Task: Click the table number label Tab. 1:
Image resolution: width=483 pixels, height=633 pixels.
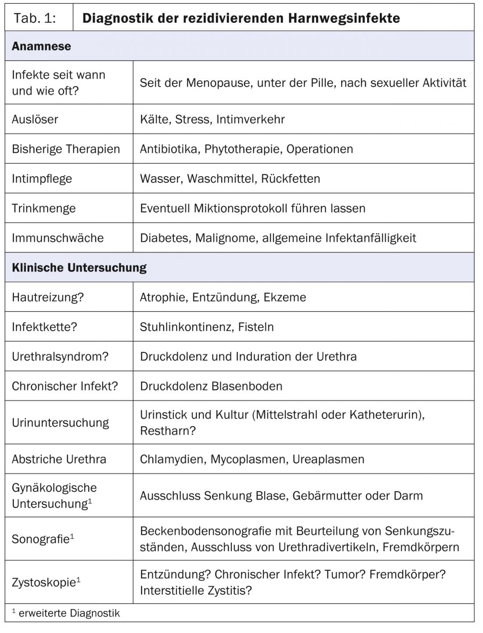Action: (35, 18)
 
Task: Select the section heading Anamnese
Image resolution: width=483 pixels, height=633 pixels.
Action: (41, 46)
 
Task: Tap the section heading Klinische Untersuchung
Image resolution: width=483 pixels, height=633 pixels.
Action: (79, 268)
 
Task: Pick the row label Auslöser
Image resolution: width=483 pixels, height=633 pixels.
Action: (35, 119)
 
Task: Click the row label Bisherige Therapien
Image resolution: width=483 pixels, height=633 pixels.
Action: (66, 149)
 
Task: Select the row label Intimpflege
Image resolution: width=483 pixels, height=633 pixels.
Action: (42, 178)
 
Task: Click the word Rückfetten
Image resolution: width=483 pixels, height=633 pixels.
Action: (290, 178)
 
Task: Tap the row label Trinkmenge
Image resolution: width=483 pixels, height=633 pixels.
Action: (43, 208)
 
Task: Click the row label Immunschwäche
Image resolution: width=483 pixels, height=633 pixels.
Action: (58, 238)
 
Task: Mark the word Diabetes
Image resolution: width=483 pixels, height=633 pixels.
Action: (165, 238)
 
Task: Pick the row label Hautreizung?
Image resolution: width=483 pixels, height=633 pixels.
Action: (47, 297)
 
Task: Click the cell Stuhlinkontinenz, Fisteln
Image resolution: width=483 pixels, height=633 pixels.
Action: (206, 327)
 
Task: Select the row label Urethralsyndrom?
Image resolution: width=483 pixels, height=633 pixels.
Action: (60, 356)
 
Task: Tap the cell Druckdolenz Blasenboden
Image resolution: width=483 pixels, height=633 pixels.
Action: (211, 386)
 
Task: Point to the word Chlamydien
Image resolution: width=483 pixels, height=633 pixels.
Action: (172, 459)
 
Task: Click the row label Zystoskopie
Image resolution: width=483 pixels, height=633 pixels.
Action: (43, 583)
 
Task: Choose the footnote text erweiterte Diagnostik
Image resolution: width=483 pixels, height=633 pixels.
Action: (69, 613)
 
